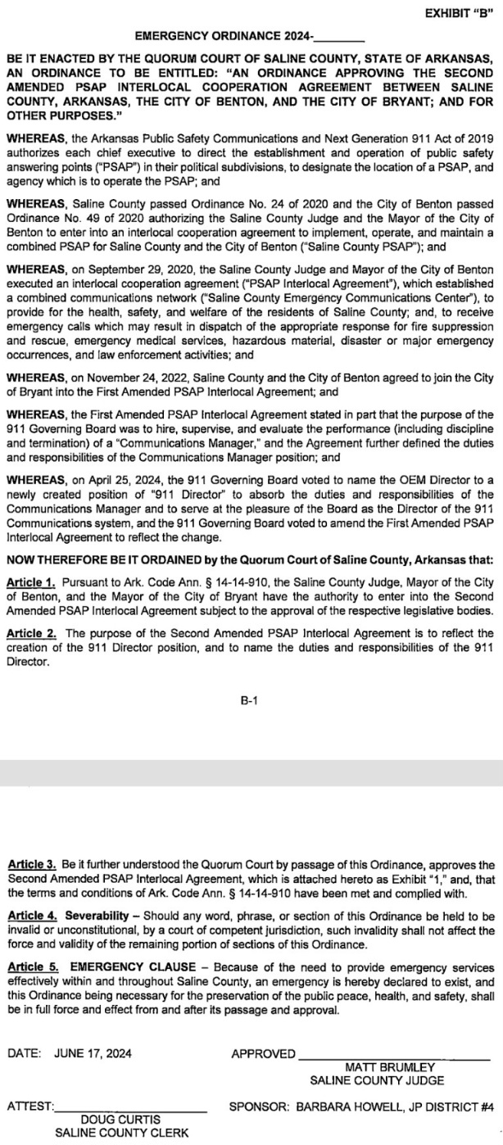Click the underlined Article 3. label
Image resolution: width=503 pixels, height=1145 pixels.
29,865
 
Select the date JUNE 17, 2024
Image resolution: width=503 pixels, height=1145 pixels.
93,1054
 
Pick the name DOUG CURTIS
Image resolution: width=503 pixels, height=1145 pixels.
120,1120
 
